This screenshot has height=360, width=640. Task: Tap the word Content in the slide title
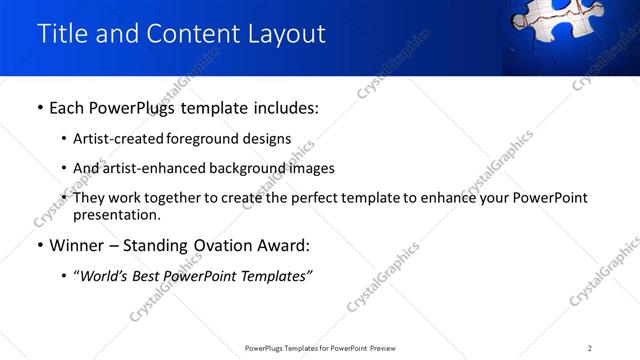190,33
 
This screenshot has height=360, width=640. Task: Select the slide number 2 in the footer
590,348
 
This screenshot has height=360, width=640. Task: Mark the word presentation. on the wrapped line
116,214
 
